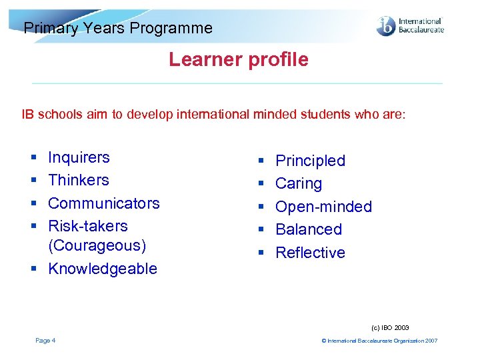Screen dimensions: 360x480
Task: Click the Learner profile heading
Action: point(239,60)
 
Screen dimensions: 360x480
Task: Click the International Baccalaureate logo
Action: point(410,26)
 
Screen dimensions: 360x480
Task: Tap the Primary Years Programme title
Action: point(118,28)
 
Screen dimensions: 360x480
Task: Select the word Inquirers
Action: point(79,157)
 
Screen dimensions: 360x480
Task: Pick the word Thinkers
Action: point(79,180)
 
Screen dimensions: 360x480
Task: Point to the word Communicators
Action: point(104,203)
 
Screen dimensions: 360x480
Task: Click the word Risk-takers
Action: point(88,226)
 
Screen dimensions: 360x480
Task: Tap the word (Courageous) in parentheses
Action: point(97,245)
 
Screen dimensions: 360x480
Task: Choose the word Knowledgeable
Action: point(103,269)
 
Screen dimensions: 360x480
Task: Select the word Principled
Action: point(310,161)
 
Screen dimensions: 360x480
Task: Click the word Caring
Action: point(299,183)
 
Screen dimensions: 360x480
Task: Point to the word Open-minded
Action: point(323,207)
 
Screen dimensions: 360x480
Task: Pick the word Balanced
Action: point(309,229)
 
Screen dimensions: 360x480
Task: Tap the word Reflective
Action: point(310,253)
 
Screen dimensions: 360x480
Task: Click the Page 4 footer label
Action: point(45,341)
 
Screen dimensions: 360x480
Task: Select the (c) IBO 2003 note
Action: point(391,328)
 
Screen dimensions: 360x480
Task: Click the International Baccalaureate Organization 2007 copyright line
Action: point(379,341)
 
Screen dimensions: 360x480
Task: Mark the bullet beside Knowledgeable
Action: point(33,269)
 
